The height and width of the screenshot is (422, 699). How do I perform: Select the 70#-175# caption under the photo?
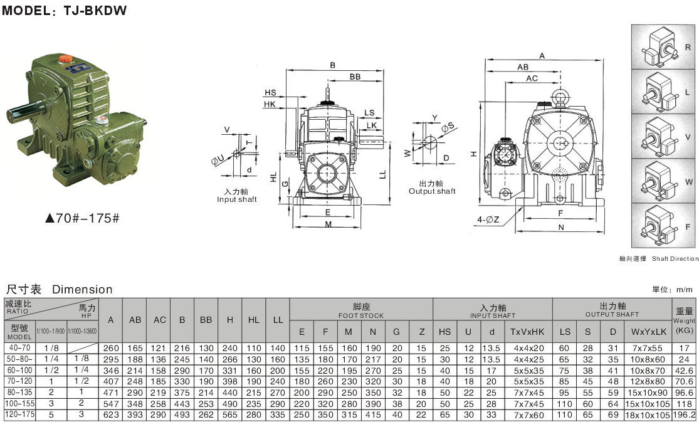(82, 219)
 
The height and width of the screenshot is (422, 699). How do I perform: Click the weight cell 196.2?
(685, 415)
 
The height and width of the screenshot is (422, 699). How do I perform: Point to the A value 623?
(111, 414)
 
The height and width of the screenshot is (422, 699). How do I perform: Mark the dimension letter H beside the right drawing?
(475, 153)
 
